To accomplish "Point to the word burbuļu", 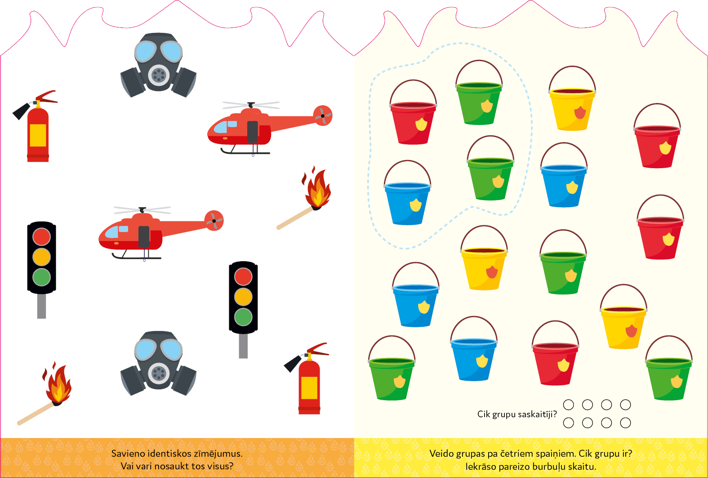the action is coord(549,467).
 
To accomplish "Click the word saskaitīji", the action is coord(535,414).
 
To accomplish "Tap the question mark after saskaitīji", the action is coord(555,414).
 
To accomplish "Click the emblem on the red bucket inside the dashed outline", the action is coord(421,124).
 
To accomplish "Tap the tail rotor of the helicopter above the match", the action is coord(322,116).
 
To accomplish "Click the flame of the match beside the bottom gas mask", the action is coord(58,384).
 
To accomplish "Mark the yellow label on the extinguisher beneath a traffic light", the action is coord(309,388).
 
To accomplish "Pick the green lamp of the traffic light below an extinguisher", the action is coord(41,277).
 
